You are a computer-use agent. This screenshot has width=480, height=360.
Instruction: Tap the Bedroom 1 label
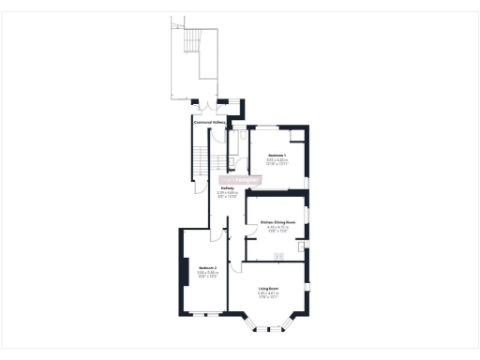(x=277, y=155)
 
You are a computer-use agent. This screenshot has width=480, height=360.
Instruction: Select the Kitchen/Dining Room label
(x=277, y=222)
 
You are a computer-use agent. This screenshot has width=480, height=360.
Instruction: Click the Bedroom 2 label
(x=208, y=268)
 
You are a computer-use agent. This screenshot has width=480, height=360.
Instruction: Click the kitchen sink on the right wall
(x=301, y=247)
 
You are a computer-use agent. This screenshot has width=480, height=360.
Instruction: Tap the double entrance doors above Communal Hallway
(x=207, y=102)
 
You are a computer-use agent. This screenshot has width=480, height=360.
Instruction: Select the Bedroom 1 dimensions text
(x=277, y=162)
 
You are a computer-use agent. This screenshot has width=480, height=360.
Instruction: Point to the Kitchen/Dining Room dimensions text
(x=277, y=230)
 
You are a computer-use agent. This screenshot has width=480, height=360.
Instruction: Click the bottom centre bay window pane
(x=270, y=329)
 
